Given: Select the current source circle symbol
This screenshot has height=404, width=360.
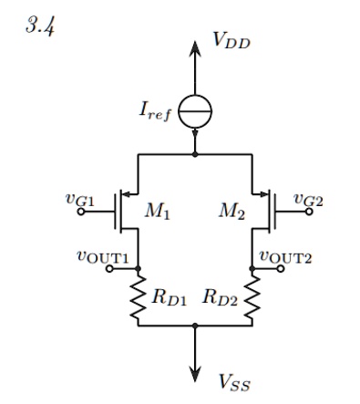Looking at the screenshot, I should point(194,113).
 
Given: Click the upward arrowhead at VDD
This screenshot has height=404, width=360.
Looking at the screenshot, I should point(195,47).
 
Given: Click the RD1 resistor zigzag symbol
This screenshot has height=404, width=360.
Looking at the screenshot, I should point(138,298).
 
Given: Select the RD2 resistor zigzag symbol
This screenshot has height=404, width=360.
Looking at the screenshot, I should point(252,298).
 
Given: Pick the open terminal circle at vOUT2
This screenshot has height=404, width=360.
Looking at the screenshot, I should point(262,269).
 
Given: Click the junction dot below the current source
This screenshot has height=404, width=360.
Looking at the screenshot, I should point(195,155).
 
